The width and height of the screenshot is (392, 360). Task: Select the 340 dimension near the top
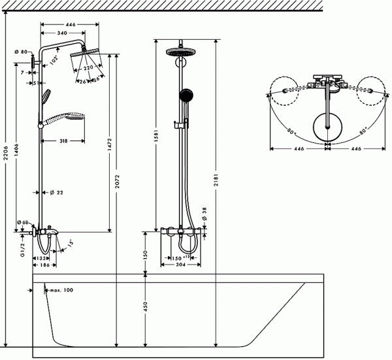(63, 33)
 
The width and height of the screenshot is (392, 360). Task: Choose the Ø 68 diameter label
(24, 223)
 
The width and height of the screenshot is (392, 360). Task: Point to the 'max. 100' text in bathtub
(61, 289)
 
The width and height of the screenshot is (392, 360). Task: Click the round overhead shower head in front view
(178, 53)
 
